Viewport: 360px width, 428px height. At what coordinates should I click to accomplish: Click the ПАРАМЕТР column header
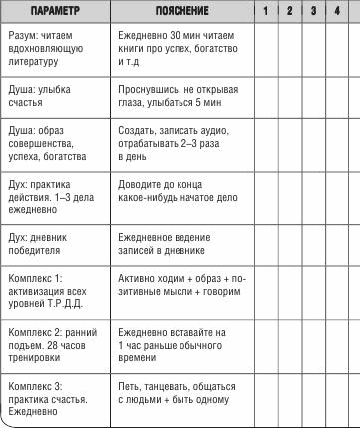pos(52,9)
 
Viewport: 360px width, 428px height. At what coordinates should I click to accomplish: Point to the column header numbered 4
pos(338,9)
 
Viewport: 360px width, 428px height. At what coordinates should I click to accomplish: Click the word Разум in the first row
pos(21,34)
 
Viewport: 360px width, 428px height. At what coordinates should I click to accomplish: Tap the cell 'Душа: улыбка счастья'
pos(40,95)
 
